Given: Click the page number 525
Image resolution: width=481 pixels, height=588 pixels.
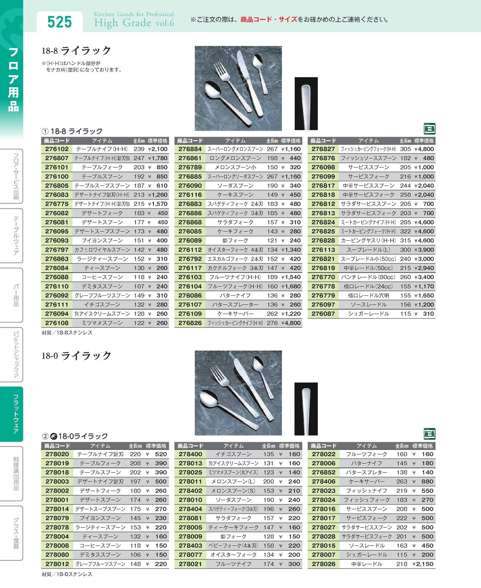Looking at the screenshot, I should click(59, 22).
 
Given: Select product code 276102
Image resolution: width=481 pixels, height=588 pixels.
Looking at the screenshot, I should click(57, 149).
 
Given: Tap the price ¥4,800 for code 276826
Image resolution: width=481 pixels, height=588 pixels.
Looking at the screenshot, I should click(291, 323).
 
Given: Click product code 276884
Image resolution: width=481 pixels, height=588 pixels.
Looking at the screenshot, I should click(190, 149).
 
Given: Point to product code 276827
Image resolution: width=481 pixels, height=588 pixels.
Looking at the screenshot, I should click(323, 149).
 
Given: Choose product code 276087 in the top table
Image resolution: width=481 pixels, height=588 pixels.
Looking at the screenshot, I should click(323, 314).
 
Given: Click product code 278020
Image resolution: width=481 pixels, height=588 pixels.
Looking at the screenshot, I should click(57, 454).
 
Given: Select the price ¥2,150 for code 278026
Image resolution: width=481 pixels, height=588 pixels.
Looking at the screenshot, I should click(423, 564).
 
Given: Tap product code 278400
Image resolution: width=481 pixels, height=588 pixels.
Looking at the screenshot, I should click(190, 454).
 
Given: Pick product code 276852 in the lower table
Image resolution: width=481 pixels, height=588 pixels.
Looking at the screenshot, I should click(324, 472).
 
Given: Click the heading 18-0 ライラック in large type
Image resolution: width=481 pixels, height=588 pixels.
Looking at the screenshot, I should click(76, 356).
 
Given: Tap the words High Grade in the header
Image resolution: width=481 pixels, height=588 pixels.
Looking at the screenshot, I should click(122, 23).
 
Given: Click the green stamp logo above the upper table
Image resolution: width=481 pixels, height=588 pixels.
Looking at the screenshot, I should click(429, 129).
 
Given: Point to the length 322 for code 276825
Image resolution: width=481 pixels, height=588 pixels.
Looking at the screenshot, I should click(405, 231).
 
